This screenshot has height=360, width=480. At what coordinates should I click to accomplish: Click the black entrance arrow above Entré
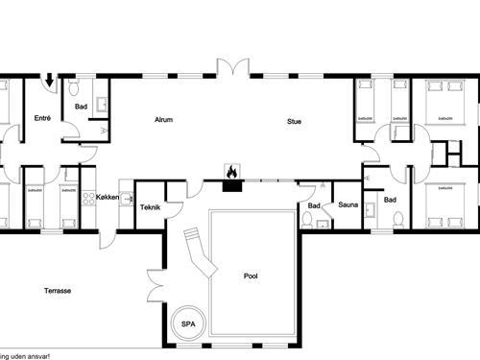point(49,84)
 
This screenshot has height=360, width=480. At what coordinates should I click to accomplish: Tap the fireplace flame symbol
point(231,172)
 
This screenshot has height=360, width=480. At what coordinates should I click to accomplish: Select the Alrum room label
point(164,120)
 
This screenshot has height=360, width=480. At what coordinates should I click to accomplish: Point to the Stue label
point(294,120)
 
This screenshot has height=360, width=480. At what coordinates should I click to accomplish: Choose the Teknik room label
point(149,206)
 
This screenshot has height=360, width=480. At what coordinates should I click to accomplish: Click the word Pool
point(251,276)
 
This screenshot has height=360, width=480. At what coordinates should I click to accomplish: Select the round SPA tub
point(188,324)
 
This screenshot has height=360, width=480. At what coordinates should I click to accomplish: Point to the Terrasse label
point(59,290)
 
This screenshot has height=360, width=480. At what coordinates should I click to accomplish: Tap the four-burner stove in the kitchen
point(87,199)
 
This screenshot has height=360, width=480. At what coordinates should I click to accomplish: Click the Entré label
point(42,118)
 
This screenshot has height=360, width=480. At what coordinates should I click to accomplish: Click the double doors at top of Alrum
point(231,67)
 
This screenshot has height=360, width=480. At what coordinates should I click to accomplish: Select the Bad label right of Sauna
point(390,200)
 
